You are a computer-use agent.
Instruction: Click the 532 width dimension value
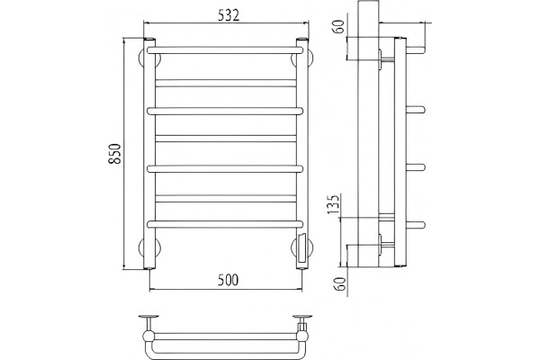pos(229,15)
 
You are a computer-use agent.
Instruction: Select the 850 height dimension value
pos(116,153)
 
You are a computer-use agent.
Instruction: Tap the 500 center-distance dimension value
pos(228,280)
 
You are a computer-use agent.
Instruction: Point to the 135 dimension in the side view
pos(334,204)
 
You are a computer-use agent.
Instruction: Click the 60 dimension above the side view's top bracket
pos(339,26)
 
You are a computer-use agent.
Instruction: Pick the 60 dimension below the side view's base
pos(341,283)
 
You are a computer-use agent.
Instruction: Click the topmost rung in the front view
pos(225,50)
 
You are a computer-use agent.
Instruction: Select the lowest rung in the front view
pos(225,224)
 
